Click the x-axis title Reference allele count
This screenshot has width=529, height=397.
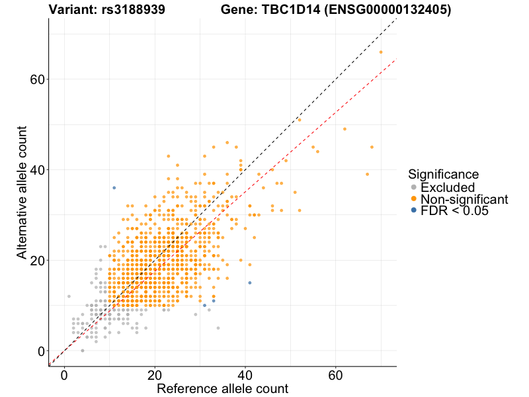pyautogui.click(x=222, y=388)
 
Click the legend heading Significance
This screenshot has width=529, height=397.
pyautogui.click(x=444, y=174)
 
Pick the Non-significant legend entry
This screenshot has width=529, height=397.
pyautogui.click(x=464, y=199)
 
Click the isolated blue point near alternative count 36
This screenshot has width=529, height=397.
pyautogui.click(x=114, y=188)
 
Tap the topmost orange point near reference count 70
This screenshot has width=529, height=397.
pyautogui.click(x=381, y=52)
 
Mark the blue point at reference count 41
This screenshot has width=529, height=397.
pyautogui.click(x=250, y=283)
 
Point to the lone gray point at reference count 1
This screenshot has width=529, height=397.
pyautogui.click(x=69, y=296)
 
